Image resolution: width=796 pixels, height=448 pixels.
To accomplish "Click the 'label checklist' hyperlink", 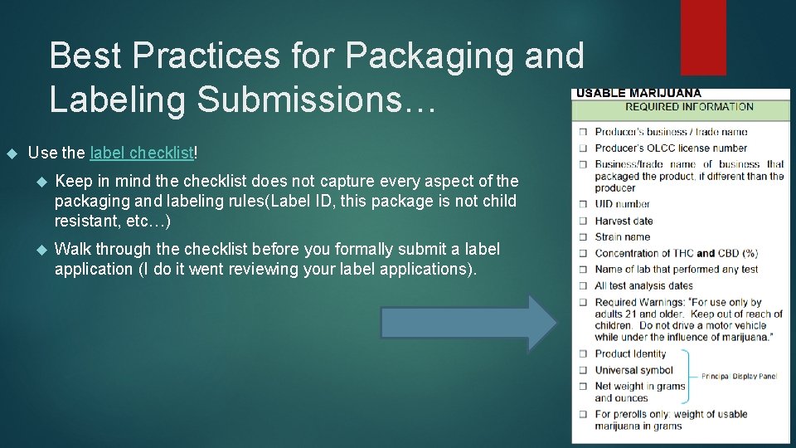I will pyautogui.click(x=141, y=153).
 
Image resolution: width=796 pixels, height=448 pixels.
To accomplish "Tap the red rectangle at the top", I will pyautogui.click(x=702, y=37).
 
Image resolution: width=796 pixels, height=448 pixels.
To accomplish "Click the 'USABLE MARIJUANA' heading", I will pyautogui.click(x=638, y=93).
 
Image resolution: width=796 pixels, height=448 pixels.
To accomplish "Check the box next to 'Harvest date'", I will pyautogui.click(x=584, y=222).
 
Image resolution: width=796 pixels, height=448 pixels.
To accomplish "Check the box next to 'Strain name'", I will pyautogui.click(x=584, y=237).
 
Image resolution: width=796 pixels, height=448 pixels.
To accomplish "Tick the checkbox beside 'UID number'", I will pyautogui.click(x=584, y=204).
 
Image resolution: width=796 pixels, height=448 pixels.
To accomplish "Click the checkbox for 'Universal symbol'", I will pyautogui.click(x=584, y=371).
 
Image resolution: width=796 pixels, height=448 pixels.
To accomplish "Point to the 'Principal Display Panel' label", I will pyautogui.click(x=739, y=377).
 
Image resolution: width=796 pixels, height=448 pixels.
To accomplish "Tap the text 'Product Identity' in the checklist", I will pyautogui.click(x=630, y=354).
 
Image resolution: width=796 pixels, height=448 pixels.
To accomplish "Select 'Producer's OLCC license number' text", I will pyautogui.click(x=671, y=149).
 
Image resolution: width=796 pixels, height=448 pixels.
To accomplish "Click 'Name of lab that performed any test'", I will pyautogui.click(x=676, y=270).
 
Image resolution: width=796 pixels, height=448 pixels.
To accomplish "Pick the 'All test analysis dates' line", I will pyautogui.click(x=643, y=286).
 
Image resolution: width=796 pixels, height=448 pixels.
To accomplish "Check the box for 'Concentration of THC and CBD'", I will pyautogui.click(x=584, y=254).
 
